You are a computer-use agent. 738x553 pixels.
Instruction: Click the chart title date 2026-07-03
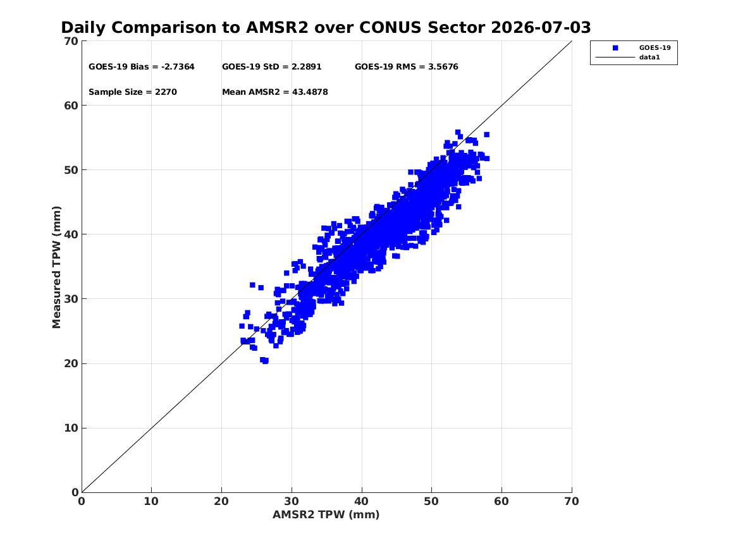541,28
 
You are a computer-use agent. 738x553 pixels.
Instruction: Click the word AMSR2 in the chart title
277,28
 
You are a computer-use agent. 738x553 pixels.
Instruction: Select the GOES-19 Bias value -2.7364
178,67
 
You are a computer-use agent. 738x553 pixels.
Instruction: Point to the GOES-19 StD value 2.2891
307,67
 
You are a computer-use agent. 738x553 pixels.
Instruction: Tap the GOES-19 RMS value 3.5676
443,67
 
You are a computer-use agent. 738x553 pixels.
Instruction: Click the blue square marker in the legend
615,48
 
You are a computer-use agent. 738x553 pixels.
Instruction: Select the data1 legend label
649,58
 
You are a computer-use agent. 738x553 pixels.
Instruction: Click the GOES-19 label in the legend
655,47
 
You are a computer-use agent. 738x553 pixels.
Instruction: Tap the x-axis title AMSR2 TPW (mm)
326,514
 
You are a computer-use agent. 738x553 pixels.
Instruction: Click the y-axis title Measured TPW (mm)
56,267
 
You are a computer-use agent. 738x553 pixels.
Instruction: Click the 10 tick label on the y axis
71,428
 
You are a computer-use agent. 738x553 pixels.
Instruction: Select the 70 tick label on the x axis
572,501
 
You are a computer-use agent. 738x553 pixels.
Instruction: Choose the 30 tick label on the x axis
292,501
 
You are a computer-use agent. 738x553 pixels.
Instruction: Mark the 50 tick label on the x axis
431,501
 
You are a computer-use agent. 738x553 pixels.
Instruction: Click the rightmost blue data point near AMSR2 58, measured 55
487,135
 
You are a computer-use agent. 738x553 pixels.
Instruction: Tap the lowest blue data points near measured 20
264,361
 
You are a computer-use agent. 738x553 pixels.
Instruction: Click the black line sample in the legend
615,58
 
